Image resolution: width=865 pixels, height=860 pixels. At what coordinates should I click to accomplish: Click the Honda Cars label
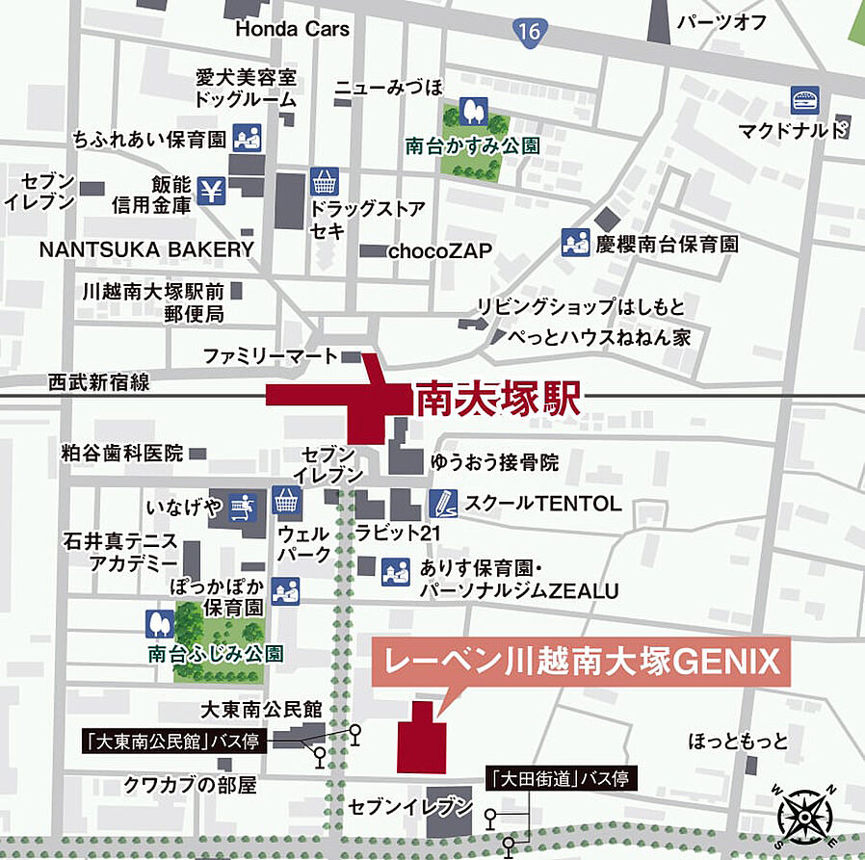pos(292,29)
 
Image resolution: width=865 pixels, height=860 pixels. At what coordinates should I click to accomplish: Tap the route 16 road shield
pos(528,31)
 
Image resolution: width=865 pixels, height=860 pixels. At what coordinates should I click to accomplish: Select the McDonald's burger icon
pos(804,99)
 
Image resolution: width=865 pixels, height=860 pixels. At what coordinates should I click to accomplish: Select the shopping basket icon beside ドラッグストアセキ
pos(325,180)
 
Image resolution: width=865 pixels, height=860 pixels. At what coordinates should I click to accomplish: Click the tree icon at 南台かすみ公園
pos(472,110)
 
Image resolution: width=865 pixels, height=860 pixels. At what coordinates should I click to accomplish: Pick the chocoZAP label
pos(439,251)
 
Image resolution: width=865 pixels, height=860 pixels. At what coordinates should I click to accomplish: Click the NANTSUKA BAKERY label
pos(146,249)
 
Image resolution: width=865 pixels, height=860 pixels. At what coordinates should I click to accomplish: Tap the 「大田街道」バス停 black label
pos(559,777)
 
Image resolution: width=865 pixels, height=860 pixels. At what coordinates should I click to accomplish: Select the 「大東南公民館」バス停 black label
pos(171,742)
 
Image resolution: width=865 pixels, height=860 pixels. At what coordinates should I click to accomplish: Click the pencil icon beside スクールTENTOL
pos(441,502)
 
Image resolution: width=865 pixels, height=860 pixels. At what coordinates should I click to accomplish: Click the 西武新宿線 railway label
pos(98,382)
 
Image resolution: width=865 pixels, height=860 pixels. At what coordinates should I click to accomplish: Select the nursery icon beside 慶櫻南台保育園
pos(575,244)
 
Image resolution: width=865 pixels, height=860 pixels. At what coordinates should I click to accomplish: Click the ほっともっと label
pos(738,742)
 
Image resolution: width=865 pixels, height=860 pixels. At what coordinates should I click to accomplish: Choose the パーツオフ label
pos(721,22)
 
